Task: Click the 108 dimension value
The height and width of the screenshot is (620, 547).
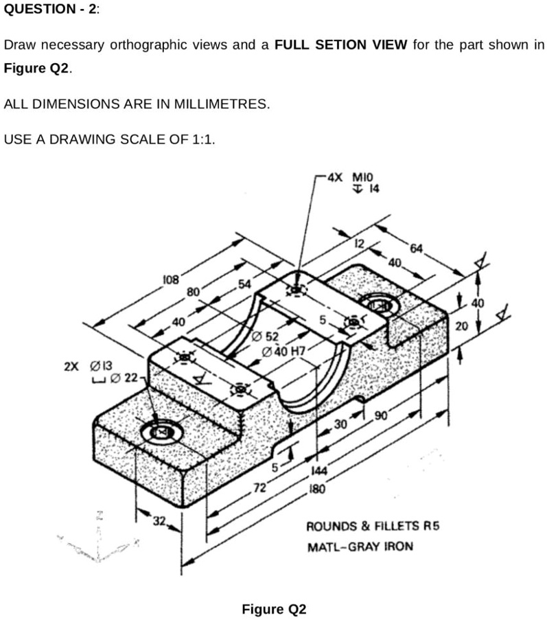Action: point(170,280)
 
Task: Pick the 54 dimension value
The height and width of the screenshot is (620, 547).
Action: point(245,284)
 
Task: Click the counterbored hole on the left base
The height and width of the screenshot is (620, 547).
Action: point(161,433)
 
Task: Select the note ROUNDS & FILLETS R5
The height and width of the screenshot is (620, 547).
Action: point(371,527)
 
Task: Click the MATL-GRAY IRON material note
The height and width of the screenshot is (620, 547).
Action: point(360,547)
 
